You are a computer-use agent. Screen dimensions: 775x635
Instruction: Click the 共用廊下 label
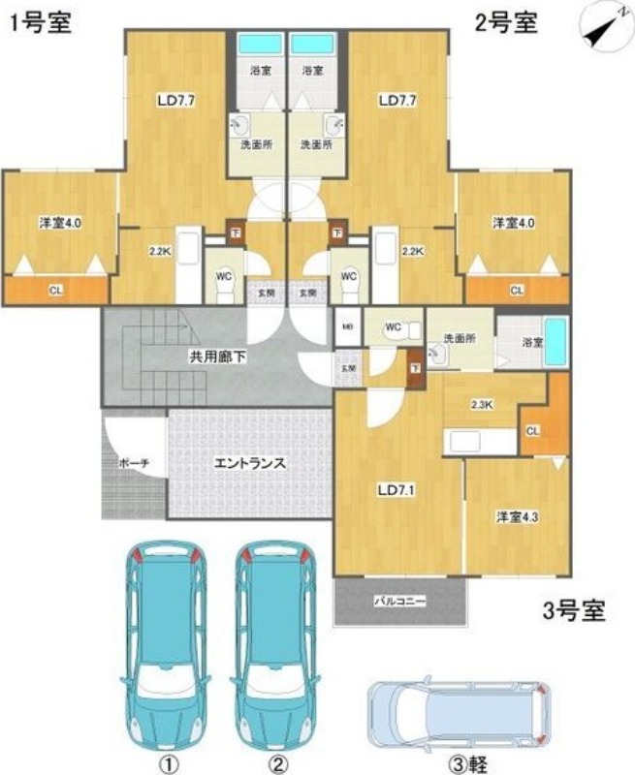[x=217, y=357]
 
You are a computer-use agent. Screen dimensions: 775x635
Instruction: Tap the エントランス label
[x=249, y=462]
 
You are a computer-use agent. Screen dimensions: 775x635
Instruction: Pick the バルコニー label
[x=400, y=602]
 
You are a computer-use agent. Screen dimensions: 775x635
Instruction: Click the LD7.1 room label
[x=396, y=490]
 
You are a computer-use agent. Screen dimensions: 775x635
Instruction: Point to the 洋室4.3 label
[x=517, y=516]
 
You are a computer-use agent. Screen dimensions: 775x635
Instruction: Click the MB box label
[x=346, y=326]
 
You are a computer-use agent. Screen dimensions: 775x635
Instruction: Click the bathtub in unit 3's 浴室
[x=555, y=340]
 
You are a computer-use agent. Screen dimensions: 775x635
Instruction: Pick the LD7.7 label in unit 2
[x=397, y=99]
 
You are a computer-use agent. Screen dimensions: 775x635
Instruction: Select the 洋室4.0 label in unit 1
[x=59, y=223]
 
